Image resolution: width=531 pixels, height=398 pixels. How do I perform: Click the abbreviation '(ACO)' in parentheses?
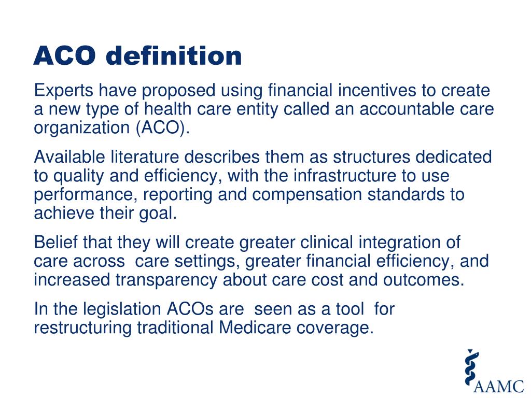163,128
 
